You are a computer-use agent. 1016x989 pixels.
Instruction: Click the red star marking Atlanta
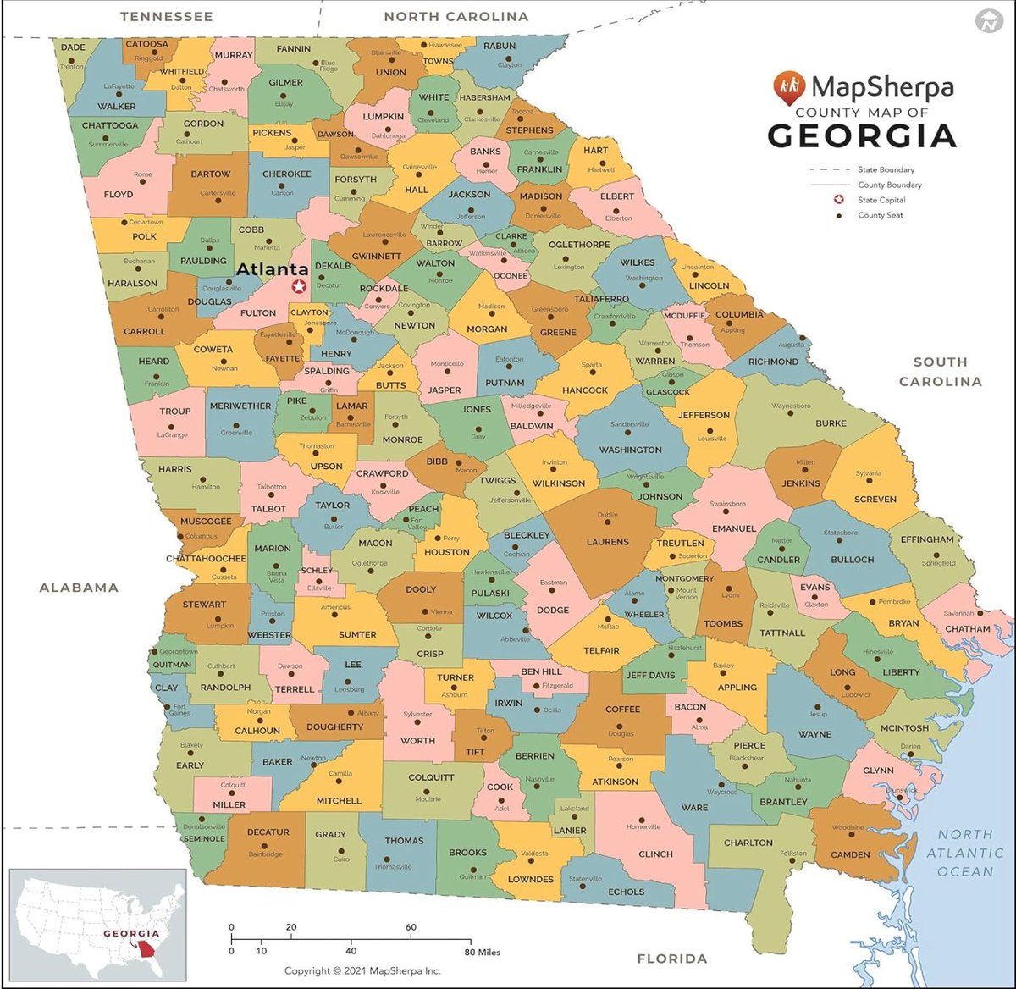[299, 287]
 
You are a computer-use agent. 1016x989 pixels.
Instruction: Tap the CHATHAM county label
[967, 629]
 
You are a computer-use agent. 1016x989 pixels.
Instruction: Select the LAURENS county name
[607, 542]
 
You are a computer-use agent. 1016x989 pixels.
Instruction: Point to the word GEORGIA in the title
[862, 136]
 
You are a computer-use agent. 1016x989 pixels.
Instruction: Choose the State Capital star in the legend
[838, 200]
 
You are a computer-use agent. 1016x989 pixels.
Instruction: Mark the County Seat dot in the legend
[838, 215]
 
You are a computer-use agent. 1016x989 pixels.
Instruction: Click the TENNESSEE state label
[166, 16]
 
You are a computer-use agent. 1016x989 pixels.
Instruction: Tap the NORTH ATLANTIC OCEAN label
[964, 853]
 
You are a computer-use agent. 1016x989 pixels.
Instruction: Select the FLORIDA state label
[671, 959]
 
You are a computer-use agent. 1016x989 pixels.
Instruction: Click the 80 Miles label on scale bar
[482, 952]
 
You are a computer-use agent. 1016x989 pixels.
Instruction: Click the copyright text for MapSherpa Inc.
[362, 971]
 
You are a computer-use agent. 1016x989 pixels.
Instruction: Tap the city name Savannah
[958, 613]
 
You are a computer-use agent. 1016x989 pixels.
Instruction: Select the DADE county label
[73, 48]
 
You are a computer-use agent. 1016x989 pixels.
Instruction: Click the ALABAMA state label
[79, 588]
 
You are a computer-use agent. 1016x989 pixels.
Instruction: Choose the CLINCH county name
[655, 854]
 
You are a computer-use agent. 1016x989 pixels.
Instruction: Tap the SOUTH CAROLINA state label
[940, 372]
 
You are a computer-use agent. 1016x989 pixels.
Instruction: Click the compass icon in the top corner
[987, 21]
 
